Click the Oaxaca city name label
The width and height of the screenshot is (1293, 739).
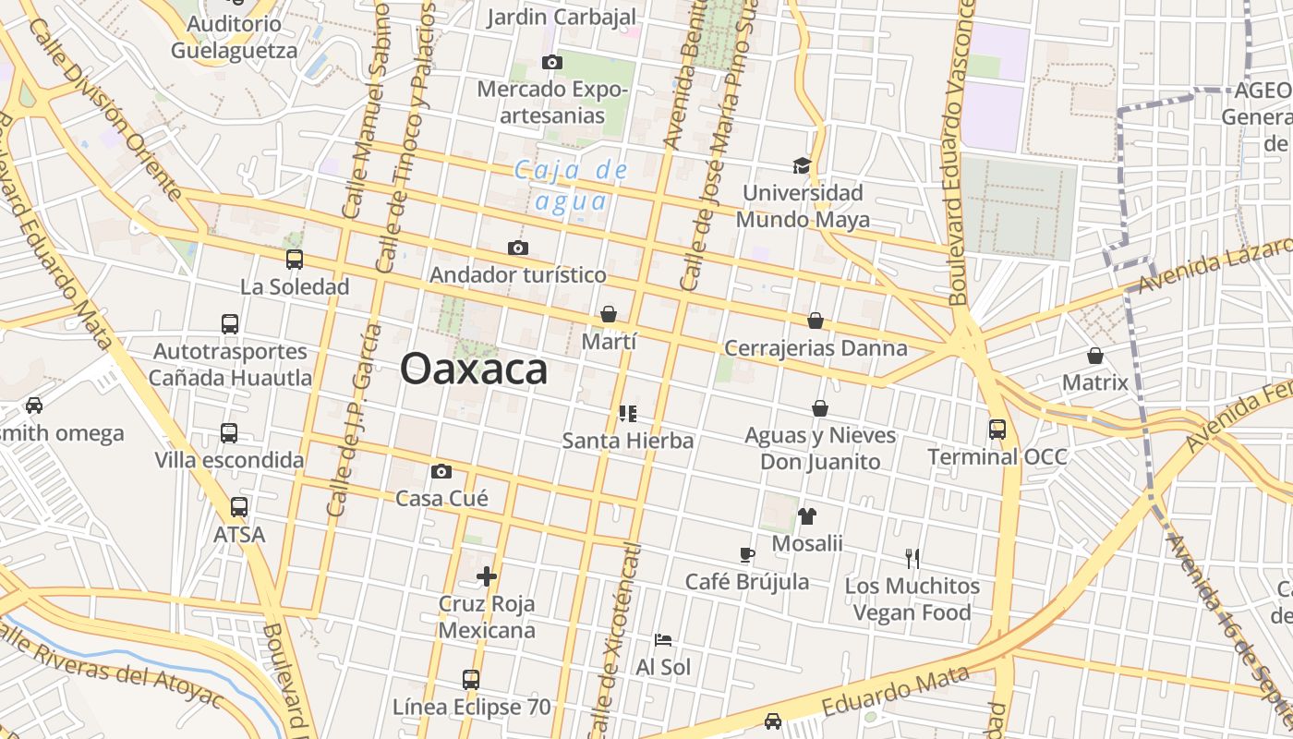pyautogui.click(x=474, y=369)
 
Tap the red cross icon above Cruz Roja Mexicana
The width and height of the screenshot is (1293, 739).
pyautogui.click(x=487, y=576)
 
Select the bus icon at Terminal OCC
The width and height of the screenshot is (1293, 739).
pyautogui.click(x=997, y=429)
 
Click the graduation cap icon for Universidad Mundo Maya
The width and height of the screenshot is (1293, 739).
pyautogui.click(x=802, y=165)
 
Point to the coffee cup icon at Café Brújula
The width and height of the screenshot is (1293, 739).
pyautogui.click(x=747, y=554)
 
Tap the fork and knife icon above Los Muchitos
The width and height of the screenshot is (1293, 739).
pyautogui.click(x=912, y=558)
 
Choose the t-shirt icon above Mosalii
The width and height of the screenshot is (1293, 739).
pyautogui.click(x=807, y=515)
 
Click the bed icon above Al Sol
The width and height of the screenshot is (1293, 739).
pyautogui.click(x=663, y=639)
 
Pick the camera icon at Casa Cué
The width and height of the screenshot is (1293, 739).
pyautogui.click(x=441, y=471)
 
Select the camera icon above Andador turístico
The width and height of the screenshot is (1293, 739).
pyautogui.click(x=518, y=248)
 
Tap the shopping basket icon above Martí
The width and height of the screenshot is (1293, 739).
pyautogui.click(x=609, y=314)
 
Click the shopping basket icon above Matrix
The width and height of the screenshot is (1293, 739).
pyautogui.click(x=1095, y=355)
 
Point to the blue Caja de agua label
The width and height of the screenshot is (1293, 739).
pyautogui.click(x=570, y=185)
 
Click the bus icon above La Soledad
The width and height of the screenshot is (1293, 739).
pyautogui.click(x=295, y=260)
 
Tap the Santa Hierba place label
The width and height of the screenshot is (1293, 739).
pyautogui.click(x=628, y=441)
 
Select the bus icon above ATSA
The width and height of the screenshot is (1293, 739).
pyautogui.click(x=239, y=507)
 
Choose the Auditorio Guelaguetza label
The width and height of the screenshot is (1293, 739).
pyautogui.click(x=235, y=37)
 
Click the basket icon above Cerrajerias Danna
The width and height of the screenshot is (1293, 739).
pyautogui.click(x=816, y=321)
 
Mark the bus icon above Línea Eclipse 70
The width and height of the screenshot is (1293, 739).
pyautogui.click(x=471, y=680)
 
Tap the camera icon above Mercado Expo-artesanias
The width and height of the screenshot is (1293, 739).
pyautogui.click(x=552, y=62)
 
